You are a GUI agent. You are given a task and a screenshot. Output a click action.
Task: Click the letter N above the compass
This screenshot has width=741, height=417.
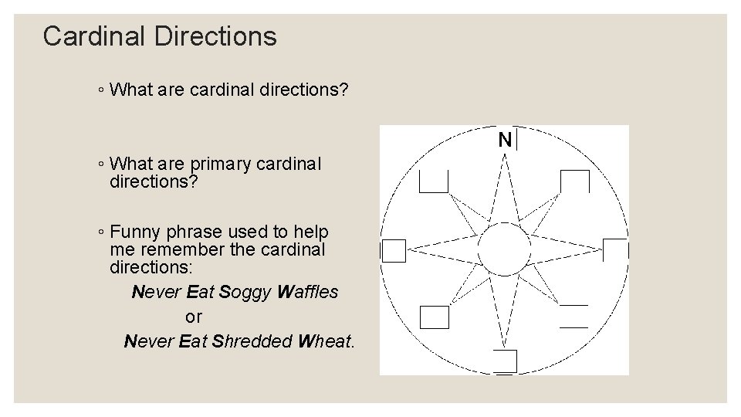click(505, 140)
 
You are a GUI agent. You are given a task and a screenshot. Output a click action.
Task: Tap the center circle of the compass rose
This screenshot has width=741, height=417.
click(504, 249)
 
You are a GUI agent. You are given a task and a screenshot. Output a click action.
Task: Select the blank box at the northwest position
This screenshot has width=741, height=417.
click(433, 181)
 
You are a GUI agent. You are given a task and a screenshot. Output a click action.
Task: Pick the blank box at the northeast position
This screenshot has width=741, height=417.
click(574, 181)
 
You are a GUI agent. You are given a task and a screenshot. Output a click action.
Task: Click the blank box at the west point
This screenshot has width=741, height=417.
click(394, 251)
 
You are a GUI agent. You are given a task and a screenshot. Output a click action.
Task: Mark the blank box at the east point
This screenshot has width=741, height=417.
click(614, 251)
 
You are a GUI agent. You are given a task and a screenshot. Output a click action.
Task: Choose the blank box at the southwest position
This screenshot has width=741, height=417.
click(434, 317)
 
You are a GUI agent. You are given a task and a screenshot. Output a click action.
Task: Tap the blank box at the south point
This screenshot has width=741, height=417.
click(506, 361)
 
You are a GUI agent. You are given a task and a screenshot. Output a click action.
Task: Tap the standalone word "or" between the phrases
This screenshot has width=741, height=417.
click(194, 317)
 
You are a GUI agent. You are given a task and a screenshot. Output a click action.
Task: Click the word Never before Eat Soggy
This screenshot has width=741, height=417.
click(157, 293)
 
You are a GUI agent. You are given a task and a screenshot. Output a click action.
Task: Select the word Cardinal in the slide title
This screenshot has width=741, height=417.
click(92, 36)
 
